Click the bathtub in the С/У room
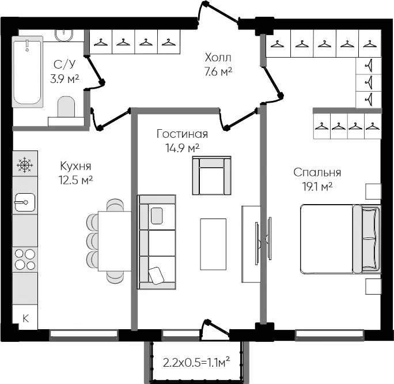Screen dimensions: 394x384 tap(28, 72)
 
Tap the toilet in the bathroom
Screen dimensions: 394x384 tap(66, 107)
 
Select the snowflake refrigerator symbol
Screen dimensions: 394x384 tap(25, 165)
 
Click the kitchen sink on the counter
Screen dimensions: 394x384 tap(25, 202)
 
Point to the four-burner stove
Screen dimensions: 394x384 tap(25, 259)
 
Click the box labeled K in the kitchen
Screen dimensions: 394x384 tap(25, 318)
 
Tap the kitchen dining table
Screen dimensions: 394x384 tap(115, 241)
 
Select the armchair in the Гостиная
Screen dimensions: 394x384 tap(211, 175)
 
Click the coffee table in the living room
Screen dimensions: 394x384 tap(213, 244)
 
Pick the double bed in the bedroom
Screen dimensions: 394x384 tap(340, 239)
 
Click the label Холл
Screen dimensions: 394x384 tap(218, 58)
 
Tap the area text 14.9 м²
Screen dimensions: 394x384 tap(182, 148)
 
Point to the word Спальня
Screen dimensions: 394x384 tap(317, 172)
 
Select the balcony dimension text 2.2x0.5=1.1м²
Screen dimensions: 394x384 tap(196, 362)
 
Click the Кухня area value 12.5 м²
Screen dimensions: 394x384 tap(75, 180)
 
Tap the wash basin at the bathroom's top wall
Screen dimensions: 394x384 tap(64, 35)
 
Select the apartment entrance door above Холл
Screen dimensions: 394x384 tap(218, 14)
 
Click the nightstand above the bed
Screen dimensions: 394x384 tap(373, 191)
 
